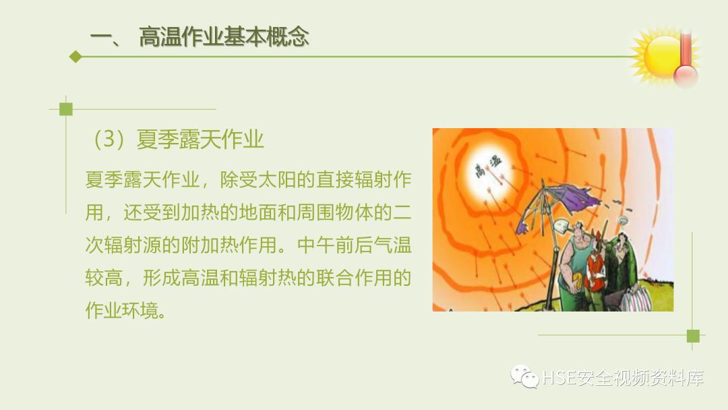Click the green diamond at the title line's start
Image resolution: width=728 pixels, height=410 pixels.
click(75, 57)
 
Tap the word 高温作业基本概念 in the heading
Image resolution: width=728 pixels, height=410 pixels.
click(224, 37)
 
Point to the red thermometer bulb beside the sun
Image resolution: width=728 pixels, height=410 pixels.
click(686, 75)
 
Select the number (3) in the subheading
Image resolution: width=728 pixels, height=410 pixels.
click(107, 140)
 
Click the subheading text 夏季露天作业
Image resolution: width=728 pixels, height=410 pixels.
click(200, 140)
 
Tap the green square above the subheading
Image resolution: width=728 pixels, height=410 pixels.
click(65, 109)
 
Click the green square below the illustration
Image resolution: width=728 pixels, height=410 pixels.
click(692, 335)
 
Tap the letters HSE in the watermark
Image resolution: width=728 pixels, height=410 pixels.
click(557, 378)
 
